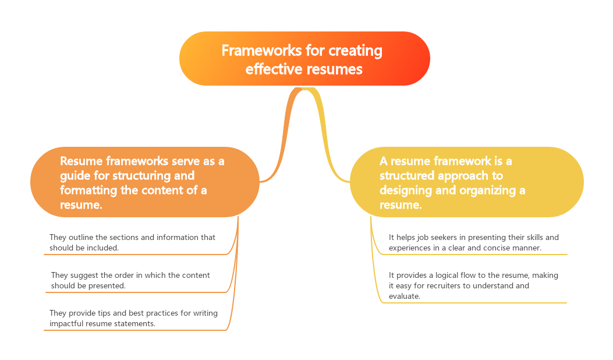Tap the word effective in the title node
coord(272,69)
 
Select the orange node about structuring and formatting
coord(144,182)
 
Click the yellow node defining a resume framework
coord(466,182)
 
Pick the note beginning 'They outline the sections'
coord(132,242)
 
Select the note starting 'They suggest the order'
coord(130,280)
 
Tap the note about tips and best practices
coord(133,318)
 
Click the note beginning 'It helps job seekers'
coord(473,242)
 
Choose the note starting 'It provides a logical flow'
coord(473,285)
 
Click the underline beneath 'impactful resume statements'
coord(134,330)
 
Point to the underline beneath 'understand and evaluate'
coord(474,303)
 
